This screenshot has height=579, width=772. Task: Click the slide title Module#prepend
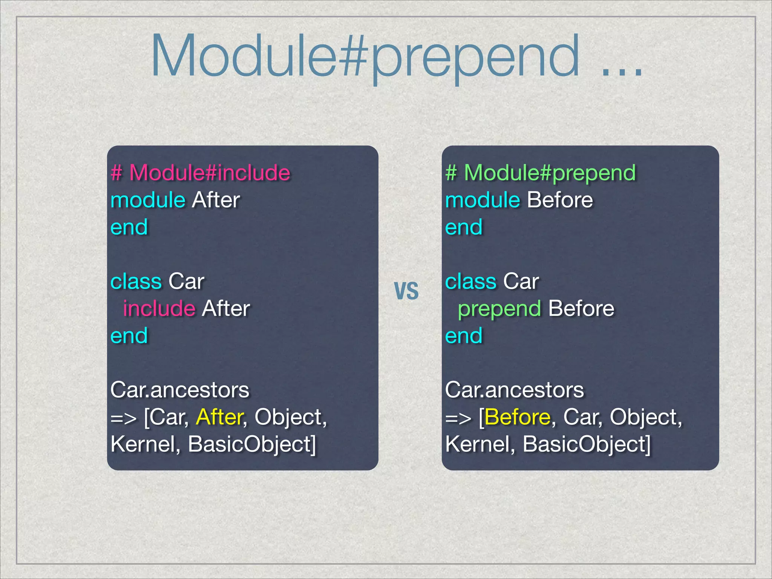(x=365, y=57)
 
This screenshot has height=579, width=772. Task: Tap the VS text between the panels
(x=406, y=291)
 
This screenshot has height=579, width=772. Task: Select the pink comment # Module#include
(x=201, y=173)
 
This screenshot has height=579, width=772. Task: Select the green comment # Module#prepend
(x=541, y=173)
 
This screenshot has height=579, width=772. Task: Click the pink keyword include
(x=159, y=308)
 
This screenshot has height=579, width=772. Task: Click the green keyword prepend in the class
(x=499, y=309)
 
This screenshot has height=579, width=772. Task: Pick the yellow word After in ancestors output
(x=220, y=417)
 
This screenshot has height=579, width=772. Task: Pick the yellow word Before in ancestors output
(x=518, y=417)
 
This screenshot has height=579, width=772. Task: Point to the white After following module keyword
(x=216, y=200)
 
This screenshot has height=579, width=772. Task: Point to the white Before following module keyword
(x=560, y=200)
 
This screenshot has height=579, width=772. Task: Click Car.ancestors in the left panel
(x=180, y=390)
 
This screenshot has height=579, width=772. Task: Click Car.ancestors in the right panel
(x=515, y=390)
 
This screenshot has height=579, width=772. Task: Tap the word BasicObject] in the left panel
(x=252, y=444)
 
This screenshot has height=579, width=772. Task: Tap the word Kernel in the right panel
(x=478, y=444)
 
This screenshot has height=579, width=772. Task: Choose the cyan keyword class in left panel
(x=136, y=281)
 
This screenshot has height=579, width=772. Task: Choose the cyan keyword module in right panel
(x=482, y=200)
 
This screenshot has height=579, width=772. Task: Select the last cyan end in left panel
(x=129, y=335)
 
